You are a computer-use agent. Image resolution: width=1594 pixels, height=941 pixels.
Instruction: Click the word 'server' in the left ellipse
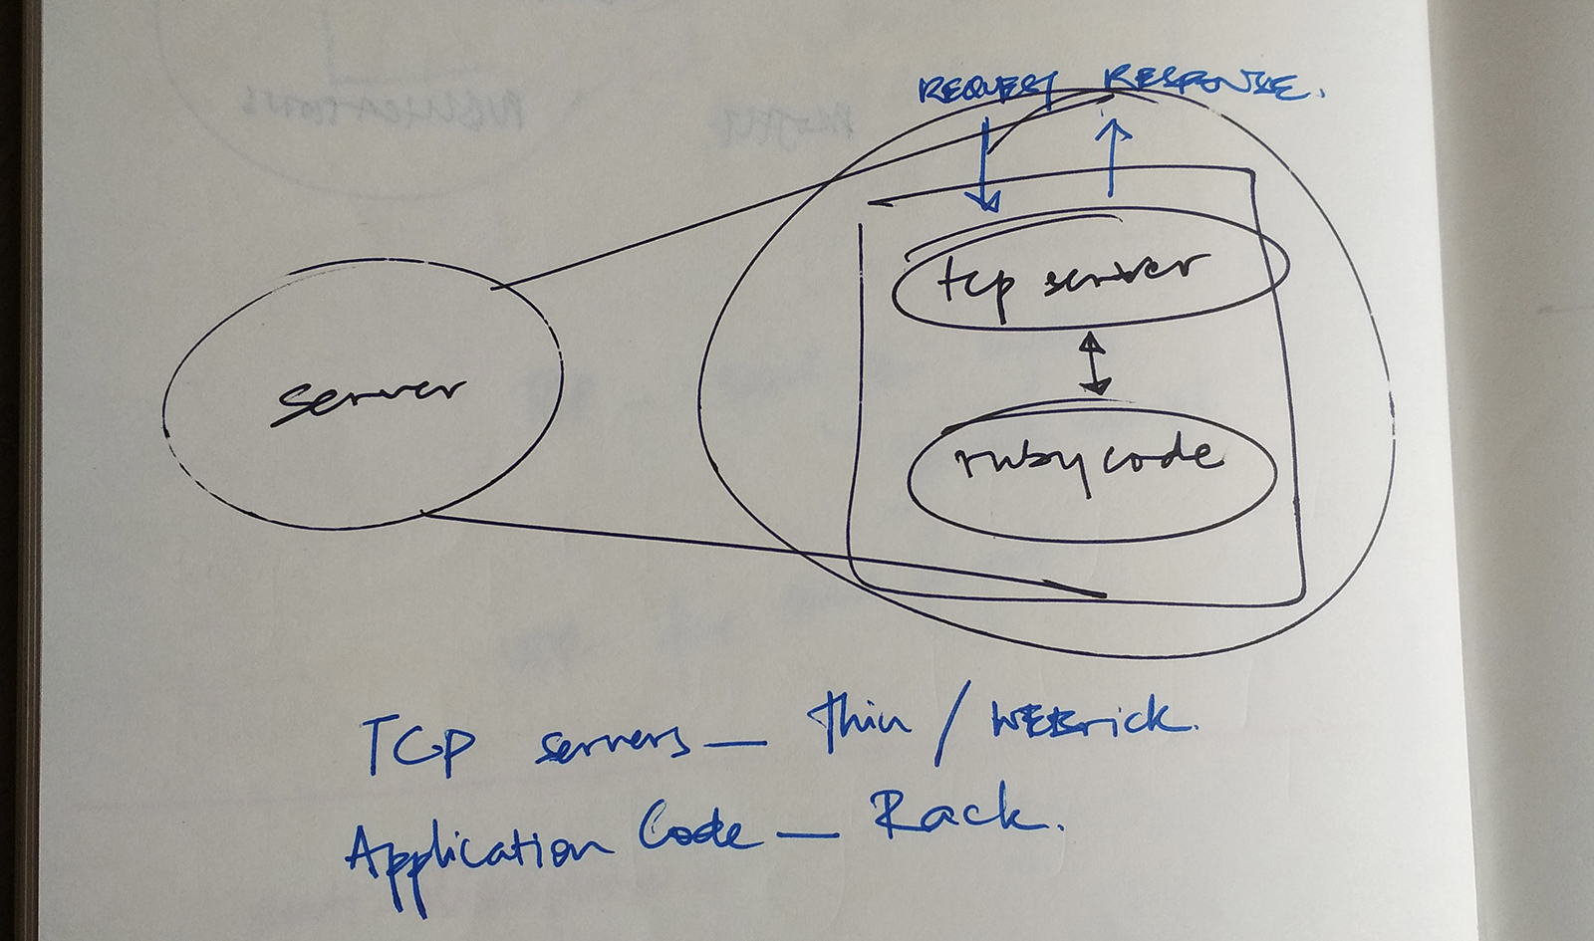point(370,395)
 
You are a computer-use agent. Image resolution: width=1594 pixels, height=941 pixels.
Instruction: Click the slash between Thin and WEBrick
point(948,732)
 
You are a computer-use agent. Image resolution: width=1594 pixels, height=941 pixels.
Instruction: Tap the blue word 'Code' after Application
point(691,831)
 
